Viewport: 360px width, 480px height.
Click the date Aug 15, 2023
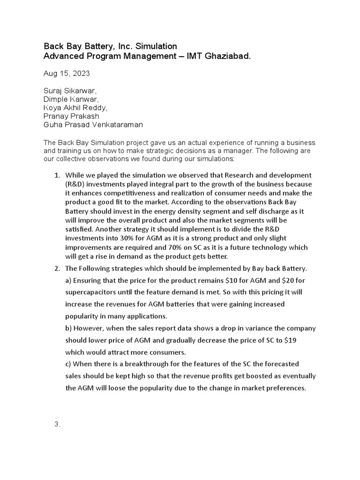point(67,74)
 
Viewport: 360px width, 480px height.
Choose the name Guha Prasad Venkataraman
point(93,125)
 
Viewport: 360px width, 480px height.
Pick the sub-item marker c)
point(68,364)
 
